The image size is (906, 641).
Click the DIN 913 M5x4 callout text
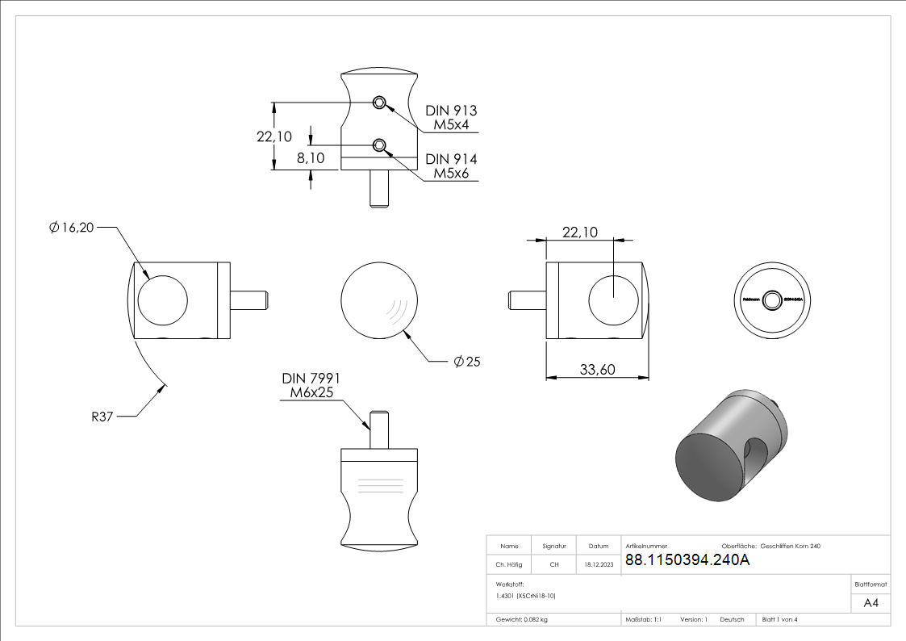pyautogui.click(x=451, y=118)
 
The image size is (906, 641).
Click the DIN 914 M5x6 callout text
pyautogui.click(x=451, y=166)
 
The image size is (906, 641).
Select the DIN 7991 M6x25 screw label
pyautogui.click(x=311, y=386)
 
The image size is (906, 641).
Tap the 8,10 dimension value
pyautogui.click(x=311, y=158)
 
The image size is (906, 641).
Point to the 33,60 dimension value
pyautogui.click(x=598, y=370)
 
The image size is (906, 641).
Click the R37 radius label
pyautogui.click(x=102, y=417)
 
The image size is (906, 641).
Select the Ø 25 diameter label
pyautogui.click(x=466, y=361)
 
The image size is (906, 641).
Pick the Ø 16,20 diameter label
pyautogui.click(x=71, y=228)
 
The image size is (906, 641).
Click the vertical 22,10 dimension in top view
pyautogui.click(x=274, y=136)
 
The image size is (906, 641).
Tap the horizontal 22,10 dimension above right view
pyautogui.click(x=579, y=233)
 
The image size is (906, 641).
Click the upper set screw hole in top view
pyautogui.click(x=379, y=102)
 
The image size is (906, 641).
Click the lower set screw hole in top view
pyautogui.click(x=379, y=145)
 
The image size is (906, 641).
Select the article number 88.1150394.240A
pyautogui.click(x=687, y=561)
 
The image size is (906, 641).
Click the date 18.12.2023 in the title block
pyautogui.click(x=599, y=565)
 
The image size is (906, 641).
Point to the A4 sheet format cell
pyautogui.click(x=871, y=603)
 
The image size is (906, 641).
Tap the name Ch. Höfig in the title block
pyautogui.click(x=508, y=565)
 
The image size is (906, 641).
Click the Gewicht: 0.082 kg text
pyautogui.click(x=522, y=619)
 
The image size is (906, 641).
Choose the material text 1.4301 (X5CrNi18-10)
pyautogui.click(x=526, y=595)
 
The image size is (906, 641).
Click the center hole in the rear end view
pyautogui.click(x=773, y=300)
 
